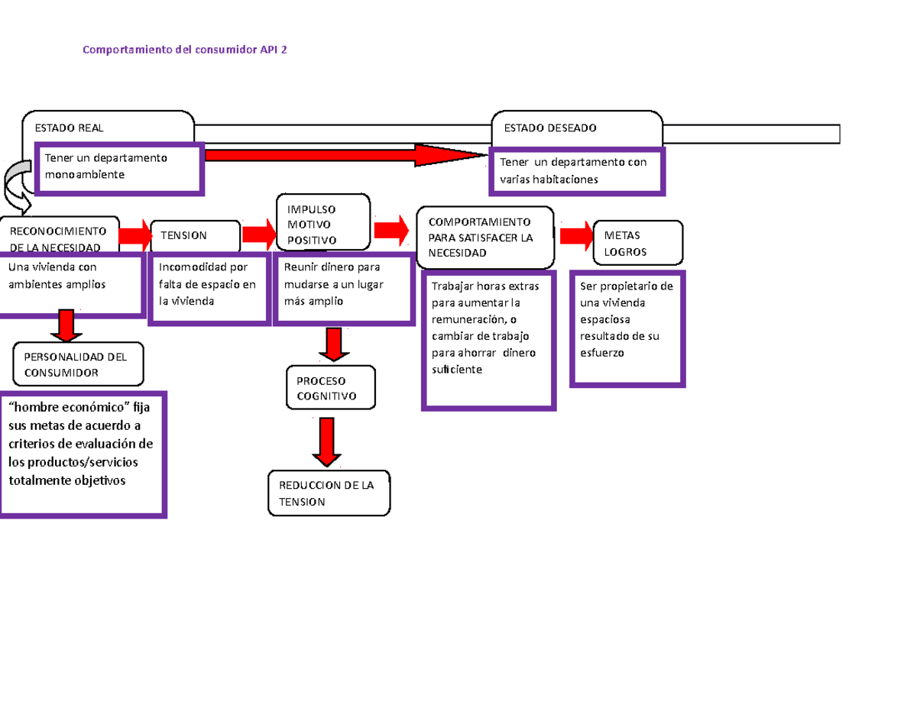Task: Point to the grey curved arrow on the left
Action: pyautogui.click(x=16, y=186)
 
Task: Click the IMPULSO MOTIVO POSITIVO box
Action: pyautogui.click(x=322, y=224)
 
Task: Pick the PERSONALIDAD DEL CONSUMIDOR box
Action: pyautogui.click(x=78, y=364)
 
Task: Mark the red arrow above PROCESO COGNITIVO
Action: pyautogui.click(x=333, y=344)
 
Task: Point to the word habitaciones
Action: pyautogui.click(x=565, y=179)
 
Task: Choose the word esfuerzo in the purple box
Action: pyautogui.click(x=601, y=353)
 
